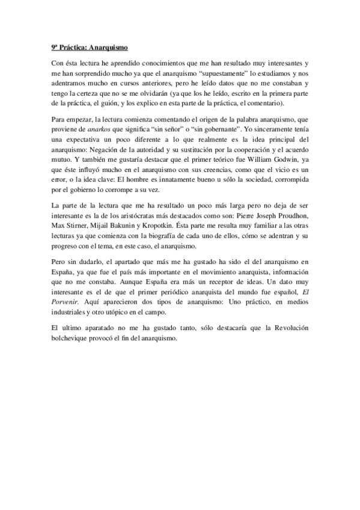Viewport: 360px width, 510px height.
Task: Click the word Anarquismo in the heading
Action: [109, 46]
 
